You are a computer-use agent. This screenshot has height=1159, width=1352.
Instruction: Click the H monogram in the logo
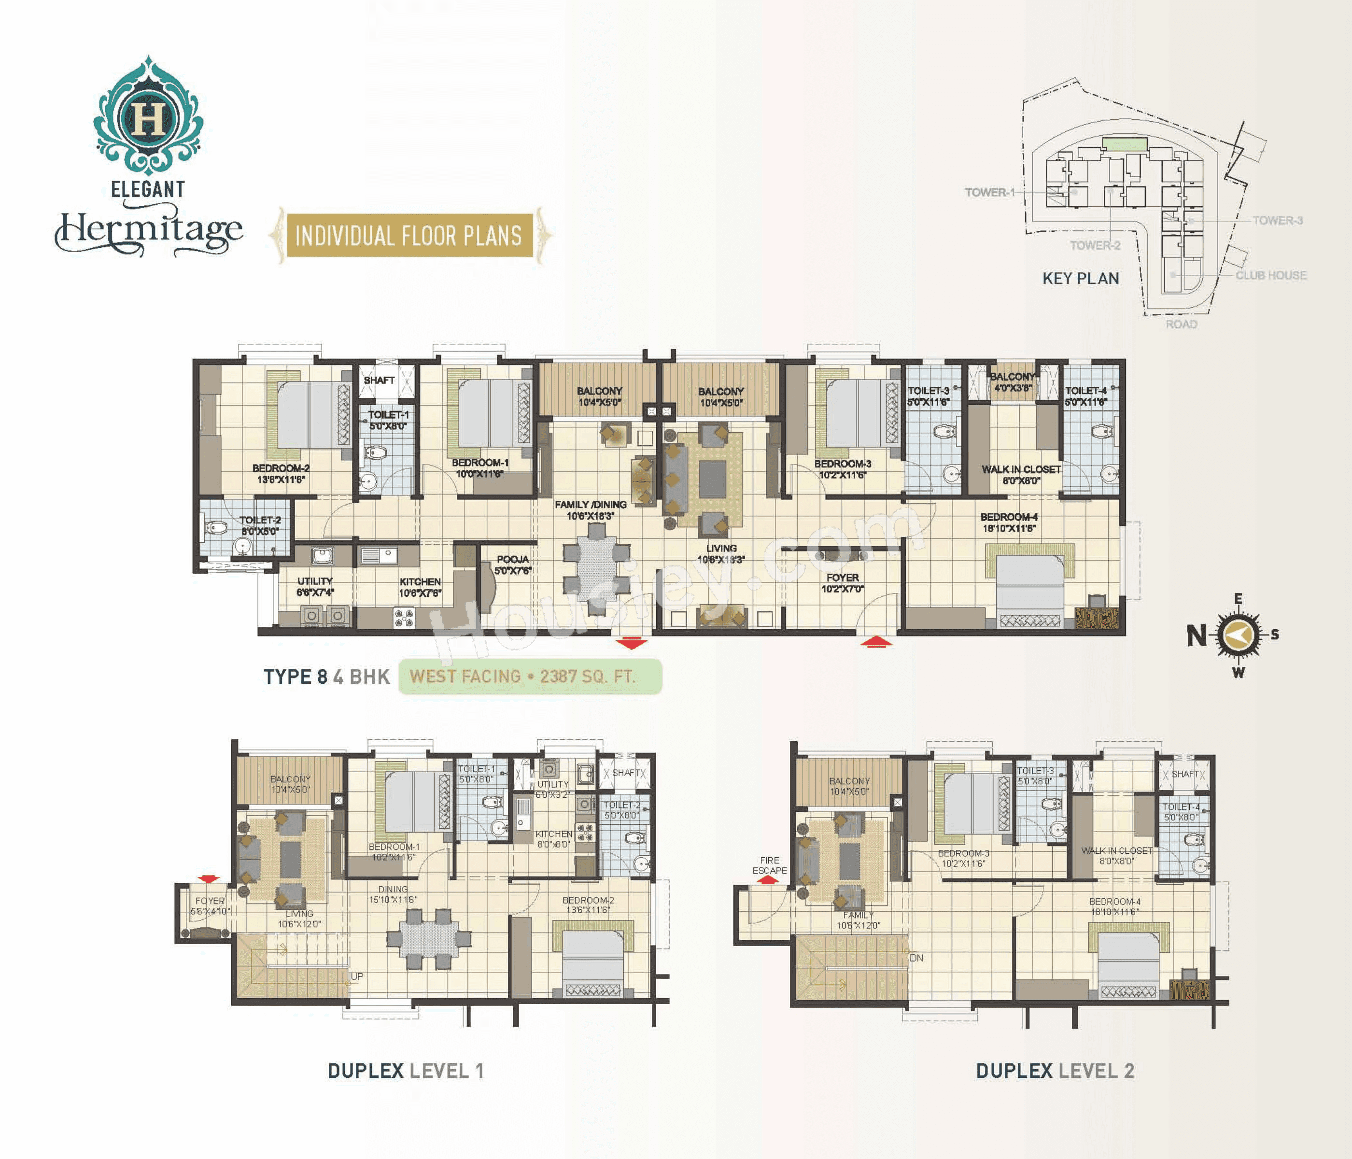(x=149, y=118)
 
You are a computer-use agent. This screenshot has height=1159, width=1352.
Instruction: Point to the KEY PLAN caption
(x=1081, y=279)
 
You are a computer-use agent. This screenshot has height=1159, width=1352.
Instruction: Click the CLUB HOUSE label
(x=1270, y=275)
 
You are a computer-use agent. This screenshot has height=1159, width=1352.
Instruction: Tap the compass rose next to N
(x=1239, y=634)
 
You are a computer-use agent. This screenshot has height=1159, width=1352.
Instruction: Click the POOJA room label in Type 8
(x=512, y=565)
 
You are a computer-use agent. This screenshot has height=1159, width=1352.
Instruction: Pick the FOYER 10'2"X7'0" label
(x=843, y=583)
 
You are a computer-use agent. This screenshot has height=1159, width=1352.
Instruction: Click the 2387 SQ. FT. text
(x=587, y=676)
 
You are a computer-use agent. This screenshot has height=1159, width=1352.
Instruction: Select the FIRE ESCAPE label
(x=769, y=865)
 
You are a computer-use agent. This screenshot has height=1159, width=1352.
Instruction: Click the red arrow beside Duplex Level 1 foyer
(x=208, y=879)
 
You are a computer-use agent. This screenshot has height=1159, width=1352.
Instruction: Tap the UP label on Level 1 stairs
(x=357, y=976)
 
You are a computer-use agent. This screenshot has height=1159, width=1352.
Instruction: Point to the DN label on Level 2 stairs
(x=916, y=958)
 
